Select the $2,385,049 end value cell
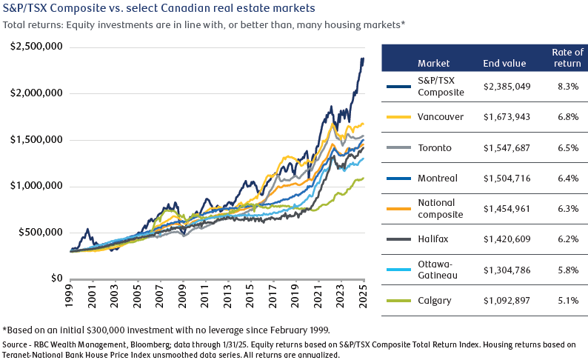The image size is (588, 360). (x=507, y=87)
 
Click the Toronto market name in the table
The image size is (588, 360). (x=435, y=147)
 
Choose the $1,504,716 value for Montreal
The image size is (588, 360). (x=507, y=178)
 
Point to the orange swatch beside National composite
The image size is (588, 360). (x=399, y=208)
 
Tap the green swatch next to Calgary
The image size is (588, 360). (x=399, y=300)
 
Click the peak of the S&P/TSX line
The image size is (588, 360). (x=363, y=59)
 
